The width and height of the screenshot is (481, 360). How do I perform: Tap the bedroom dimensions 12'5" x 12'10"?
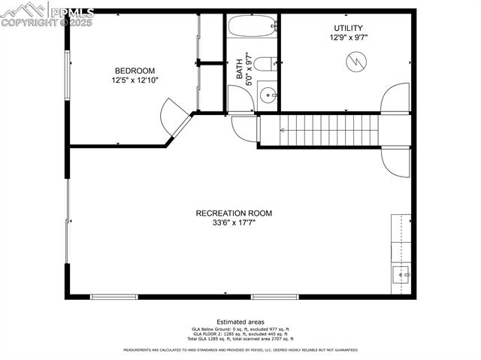pos(135,80)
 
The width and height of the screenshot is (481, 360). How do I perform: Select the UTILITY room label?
pos(348,28)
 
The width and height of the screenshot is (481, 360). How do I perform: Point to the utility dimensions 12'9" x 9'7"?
pos(348,38)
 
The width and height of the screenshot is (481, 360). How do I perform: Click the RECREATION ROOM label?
pos(234,213)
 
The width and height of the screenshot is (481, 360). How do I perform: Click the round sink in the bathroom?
pos(268,95)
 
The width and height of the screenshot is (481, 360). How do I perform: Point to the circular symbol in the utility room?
pos(356,62)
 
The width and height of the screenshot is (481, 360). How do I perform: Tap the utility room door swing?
pos(395,99)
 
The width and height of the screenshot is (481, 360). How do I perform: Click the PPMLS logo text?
pos(72,13)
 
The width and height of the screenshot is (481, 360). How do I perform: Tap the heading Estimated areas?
pos(240,322)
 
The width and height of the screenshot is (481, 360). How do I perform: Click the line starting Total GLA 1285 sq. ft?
pos(240,338)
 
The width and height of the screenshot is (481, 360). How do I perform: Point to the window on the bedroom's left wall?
pos(67,76)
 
